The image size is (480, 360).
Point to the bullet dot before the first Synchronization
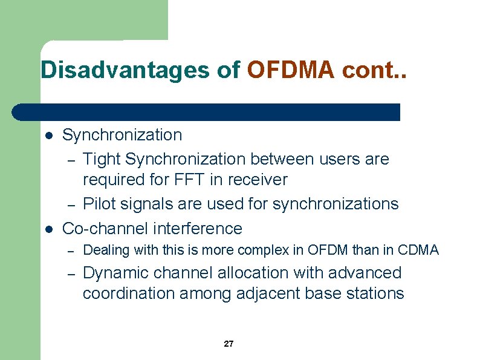(x=50, y=135)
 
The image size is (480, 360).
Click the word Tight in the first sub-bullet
(x=101, y=159)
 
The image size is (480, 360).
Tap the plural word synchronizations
(x=336, y=204)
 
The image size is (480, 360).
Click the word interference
(x=198, y=228)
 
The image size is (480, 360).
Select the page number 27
(x=229, y=344)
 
